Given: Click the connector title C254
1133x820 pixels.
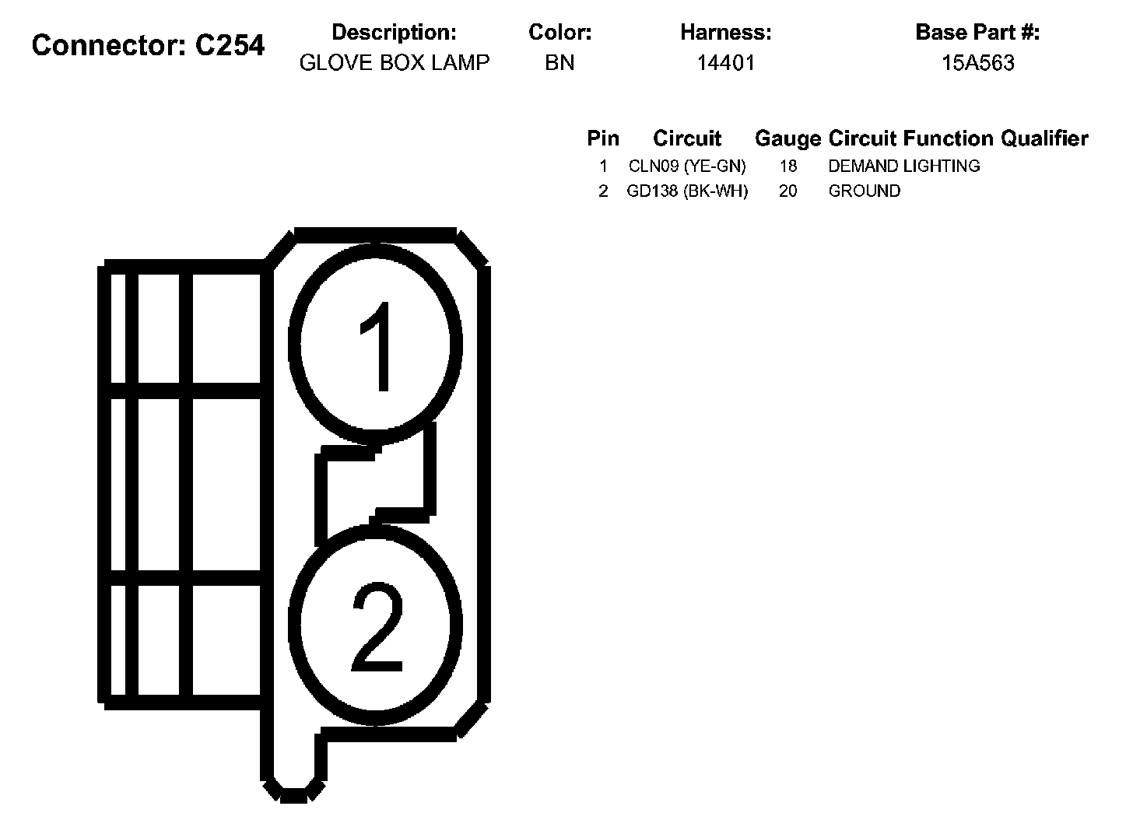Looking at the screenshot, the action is pos(148,46).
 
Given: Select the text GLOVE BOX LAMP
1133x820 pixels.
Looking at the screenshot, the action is pos(395,63).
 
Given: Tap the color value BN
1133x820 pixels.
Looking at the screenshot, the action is pos(559,63).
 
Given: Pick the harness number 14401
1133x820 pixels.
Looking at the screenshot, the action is pos(725,63).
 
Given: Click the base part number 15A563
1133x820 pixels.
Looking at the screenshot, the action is pos(977,63).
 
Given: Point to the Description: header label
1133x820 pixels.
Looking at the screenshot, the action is pos(394,33).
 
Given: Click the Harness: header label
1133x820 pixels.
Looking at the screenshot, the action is pos(725,33).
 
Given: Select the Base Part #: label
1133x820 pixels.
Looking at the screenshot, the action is pos(977,33).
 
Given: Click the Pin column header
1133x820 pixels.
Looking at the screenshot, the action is pos(603,138).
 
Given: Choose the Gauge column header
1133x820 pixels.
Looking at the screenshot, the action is pos(787,139).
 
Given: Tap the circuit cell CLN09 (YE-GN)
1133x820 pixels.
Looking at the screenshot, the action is pos(687,166).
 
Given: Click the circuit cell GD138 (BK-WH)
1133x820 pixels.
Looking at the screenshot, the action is pos(687,191).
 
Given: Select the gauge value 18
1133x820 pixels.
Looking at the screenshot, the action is pos(787,166).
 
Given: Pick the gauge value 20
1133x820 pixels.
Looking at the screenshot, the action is pos(787,191).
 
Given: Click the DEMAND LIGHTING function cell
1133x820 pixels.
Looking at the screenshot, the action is pos(903,166).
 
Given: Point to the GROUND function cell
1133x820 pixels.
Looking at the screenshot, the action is pos(864,191).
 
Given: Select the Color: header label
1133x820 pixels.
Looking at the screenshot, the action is pos(559,33).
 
